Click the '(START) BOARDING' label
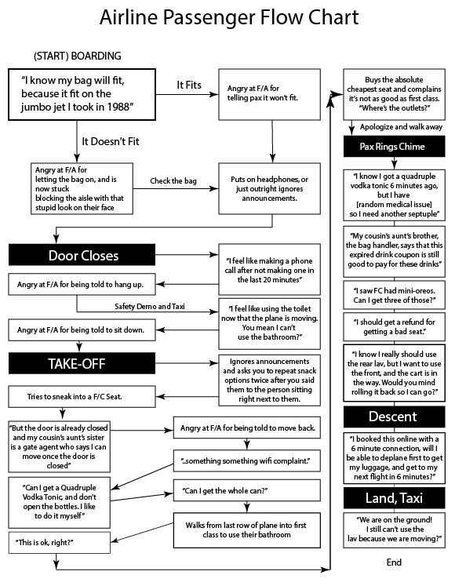[78, 56]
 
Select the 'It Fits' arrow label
[191, 84]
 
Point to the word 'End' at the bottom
[394, 562]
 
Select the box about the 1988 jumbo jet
[82, 93]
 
